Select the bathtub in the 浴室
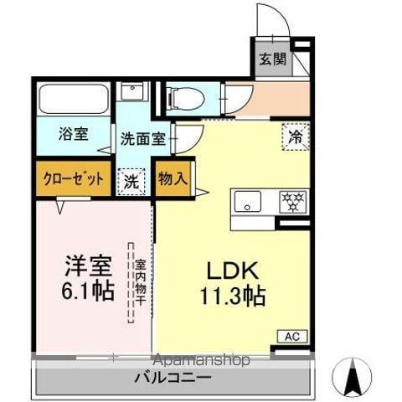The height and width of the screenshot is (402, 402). click(73, 100)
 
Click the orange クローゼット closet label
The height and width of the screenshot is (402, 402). click(71, 178)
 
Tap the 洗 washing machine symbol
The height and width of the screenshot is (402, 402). click(131, 180)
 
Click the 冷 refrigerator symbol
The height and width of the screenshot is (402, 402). click(294, 136)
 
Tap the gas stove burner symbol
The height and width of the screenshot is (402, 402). click(291, 201)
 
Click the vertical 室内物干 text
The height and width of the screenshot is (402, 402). click(141, 282)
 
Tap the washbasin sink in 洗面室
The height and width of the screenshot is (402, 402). click(132, 92)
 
